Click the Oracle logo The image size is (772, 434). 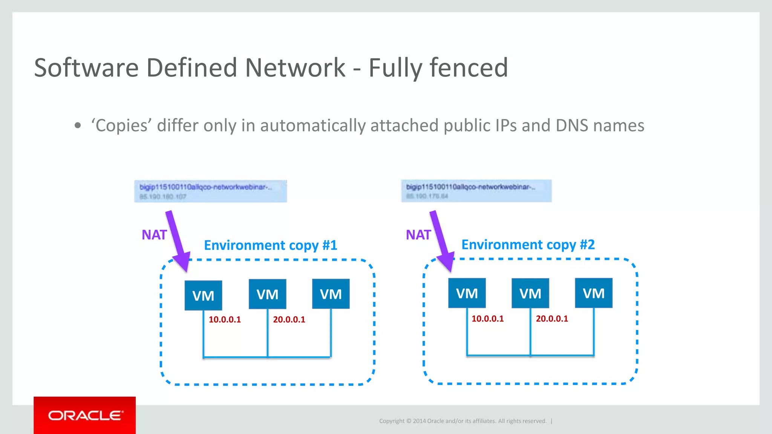85,416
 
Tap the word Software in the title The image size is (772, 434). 86,68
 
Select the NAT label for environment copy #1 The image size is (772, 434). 154,235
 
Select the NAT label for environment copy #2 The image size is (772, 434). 418,235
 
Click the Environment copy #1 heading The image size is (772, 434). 270,245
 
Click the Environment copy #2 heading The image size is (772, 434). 528,245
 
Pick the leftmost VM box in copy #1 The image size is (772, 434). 203,295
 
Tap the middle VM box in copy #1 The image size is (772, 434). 267,294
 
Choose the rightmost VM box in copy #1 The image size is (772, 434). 331,294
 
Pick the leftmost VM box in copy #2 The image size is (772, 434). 467,293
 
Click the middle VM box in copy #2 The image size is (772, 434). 530,293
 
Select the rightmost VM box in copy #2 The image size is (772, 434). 593,293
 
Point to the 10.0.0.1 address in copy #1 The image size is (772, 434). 225,319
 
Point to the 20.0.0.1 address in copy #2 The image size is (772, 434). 552,319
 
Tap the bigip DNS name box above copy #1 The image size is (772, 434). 210,191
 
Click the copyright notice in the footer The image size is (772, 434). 463,421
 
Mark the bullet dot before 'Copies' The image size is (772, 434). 78,126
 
